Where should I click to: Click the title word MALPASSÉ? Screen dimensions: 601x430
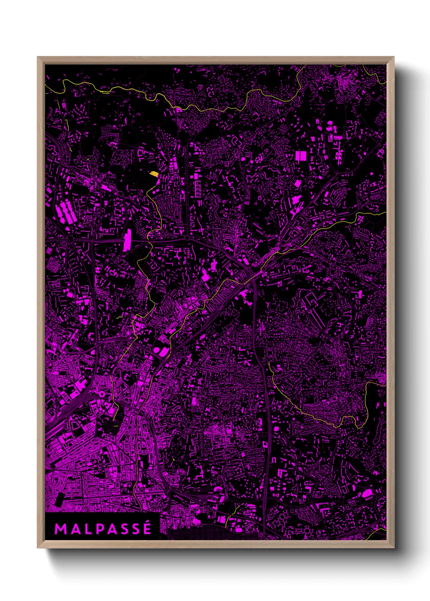pos(103,529)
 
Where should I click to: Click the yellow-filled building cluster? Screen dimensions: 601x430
pos(154,174)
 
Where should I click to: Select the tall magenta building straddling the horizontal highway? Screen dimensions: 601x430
pos(128,240)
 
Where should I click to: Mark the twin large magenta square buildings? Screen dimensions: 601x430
pos(301,156)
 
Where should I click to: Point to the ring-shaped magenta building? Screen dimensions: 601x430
pos(101,393)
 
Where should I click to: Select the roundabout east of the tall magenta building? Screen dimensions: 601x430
pos(187,238)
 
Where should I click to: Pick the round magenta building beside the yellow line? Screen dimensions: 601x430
pos(157,350)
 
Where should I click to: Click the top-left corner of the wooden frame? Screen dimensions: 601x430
pos(38,57)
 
